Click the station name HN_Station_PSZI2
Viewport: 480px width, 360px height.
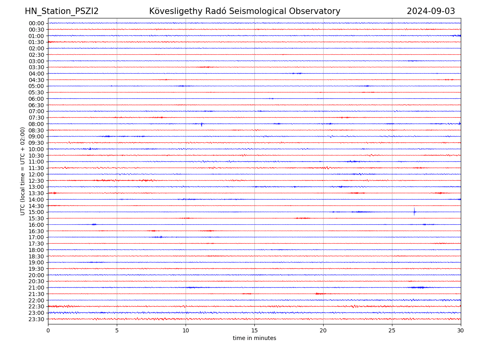pos(62,11)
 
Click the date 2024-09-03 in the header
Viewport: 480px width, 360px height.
pos(431,11)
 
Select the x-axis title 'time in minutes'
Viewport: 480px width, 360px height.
pos(254,338)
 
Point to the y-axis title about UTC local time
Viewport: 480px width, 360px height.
pos(23,171)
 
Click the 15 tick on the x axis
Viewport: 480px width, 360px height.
pos(254,330)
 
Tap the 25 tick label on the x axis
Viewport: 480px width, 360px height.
pos(392,330)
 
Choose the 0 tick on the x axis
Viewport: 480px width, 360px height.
pos(48,330)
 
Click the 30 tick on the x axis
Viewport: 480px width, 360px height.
pos(461,330)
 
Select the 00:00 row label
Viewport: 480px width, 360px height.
pos(36,23)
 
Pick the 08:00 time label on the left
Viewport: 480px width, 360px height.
pos(36,124)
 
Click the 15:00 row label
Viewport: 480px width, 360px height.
pos(36,212)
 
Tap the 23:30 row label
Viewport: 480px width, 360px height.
pos(36,319)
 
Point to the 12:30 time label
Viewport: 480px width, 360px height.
pos(36,181)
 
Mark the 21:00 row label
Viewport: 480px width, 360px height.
pos(36,288)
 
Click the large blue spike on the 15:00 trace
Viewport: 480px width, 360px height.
pos(414,212)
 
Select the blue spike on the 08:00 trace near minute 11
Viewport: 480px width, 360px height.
pos(202,124)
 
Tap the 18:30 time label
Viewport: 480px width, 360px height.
pos(36,256)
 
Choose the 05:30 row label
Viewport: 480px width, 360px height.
pos(36,92)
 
